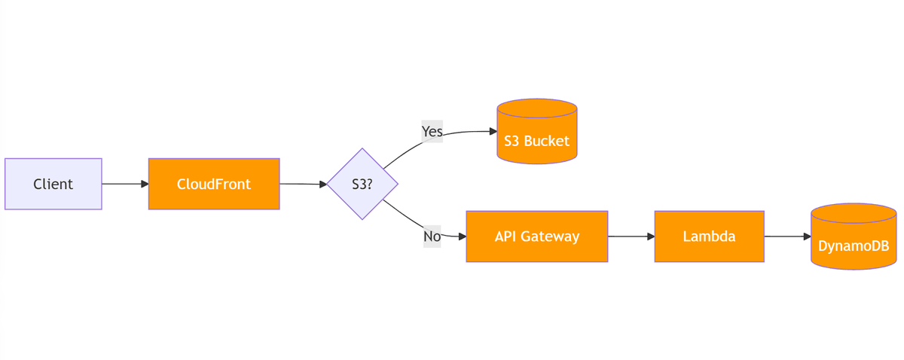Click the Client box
[x=53, y=184]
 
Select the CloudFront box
[x=214, y=184]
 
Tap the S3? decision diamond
[x=362, y=184]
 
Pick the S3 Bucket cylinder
[x=537, y=136]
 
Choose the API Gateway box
[x=536, y=236]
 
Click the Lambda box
[x=709, y=236]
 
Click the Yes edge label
[x=432, y=131]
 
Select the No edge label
[x=432, y=236]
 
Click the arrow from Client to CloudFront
[x=124, y=184]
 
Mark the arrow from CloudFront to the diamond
[x=303, y=184]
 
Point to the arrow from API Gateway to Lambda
[x=631, y=236]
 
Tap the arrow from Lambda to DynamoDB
[x=787, y=236]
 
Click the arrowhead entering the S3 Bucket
[x=493, y=131]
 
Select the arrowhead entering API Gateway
[x=462, y=236]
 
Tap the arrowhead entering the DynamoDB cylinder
[x=807, y=236]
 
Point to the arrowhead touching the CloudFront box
[x=145, y=184]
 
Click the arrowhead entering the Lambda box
[x=650, y=236]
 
